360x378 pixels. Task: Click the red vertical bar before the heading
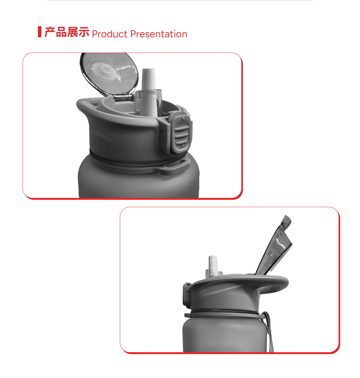pyautogui.click(x=39, y=32)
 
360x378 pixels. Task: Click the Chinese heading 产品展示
pyautogui.click(x=67, y=32)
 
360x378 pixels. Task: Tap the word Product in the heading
pyautogui.click(x=110, y=34)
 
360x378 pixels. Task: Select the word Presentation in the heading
pyautogui.click(x=159, y=34)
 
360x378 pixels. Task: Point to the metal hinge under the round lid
pyautogui.click(x=123, y=97)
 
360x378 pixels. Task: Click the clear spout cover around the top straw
pyautogui.click(x=149, y=103)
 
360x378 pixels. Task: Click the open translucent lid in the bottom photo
pyautogui.click(x=275, y=245)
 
